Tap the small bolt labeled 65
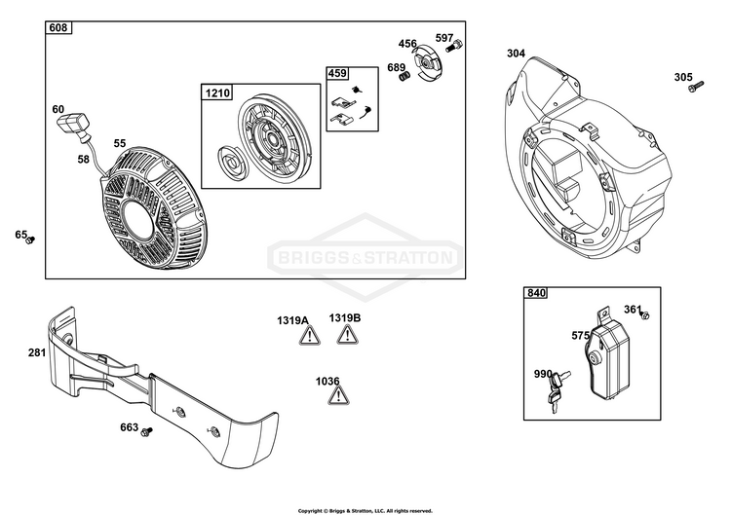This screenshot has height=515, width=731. point(30,240)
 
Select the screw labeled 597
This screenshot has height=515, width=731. point(453,46)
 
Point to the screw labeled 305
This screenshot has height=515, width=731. point(696,86)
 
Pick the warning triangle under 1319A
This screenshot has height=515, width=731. point(310,335)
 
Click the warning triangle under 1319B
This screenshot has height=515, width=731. point(347,334)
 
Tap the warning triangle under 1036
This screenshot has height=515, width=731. point(339,395)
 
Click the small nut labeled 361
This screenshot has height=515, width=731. point(645,315)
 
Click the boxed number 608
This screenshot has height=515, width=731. point(58,27)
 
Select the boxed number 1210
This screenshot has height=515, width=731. point(217,92)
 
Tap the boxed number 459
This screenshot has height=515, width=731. point(337,73)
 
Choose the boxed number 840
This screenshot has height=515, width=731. point(536,293)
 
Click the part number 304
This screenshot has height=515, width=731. point(516,54)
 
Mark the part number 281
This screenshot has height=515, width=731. point(37,352)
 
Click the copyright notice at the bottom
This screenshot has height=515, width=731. point(365,511)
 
